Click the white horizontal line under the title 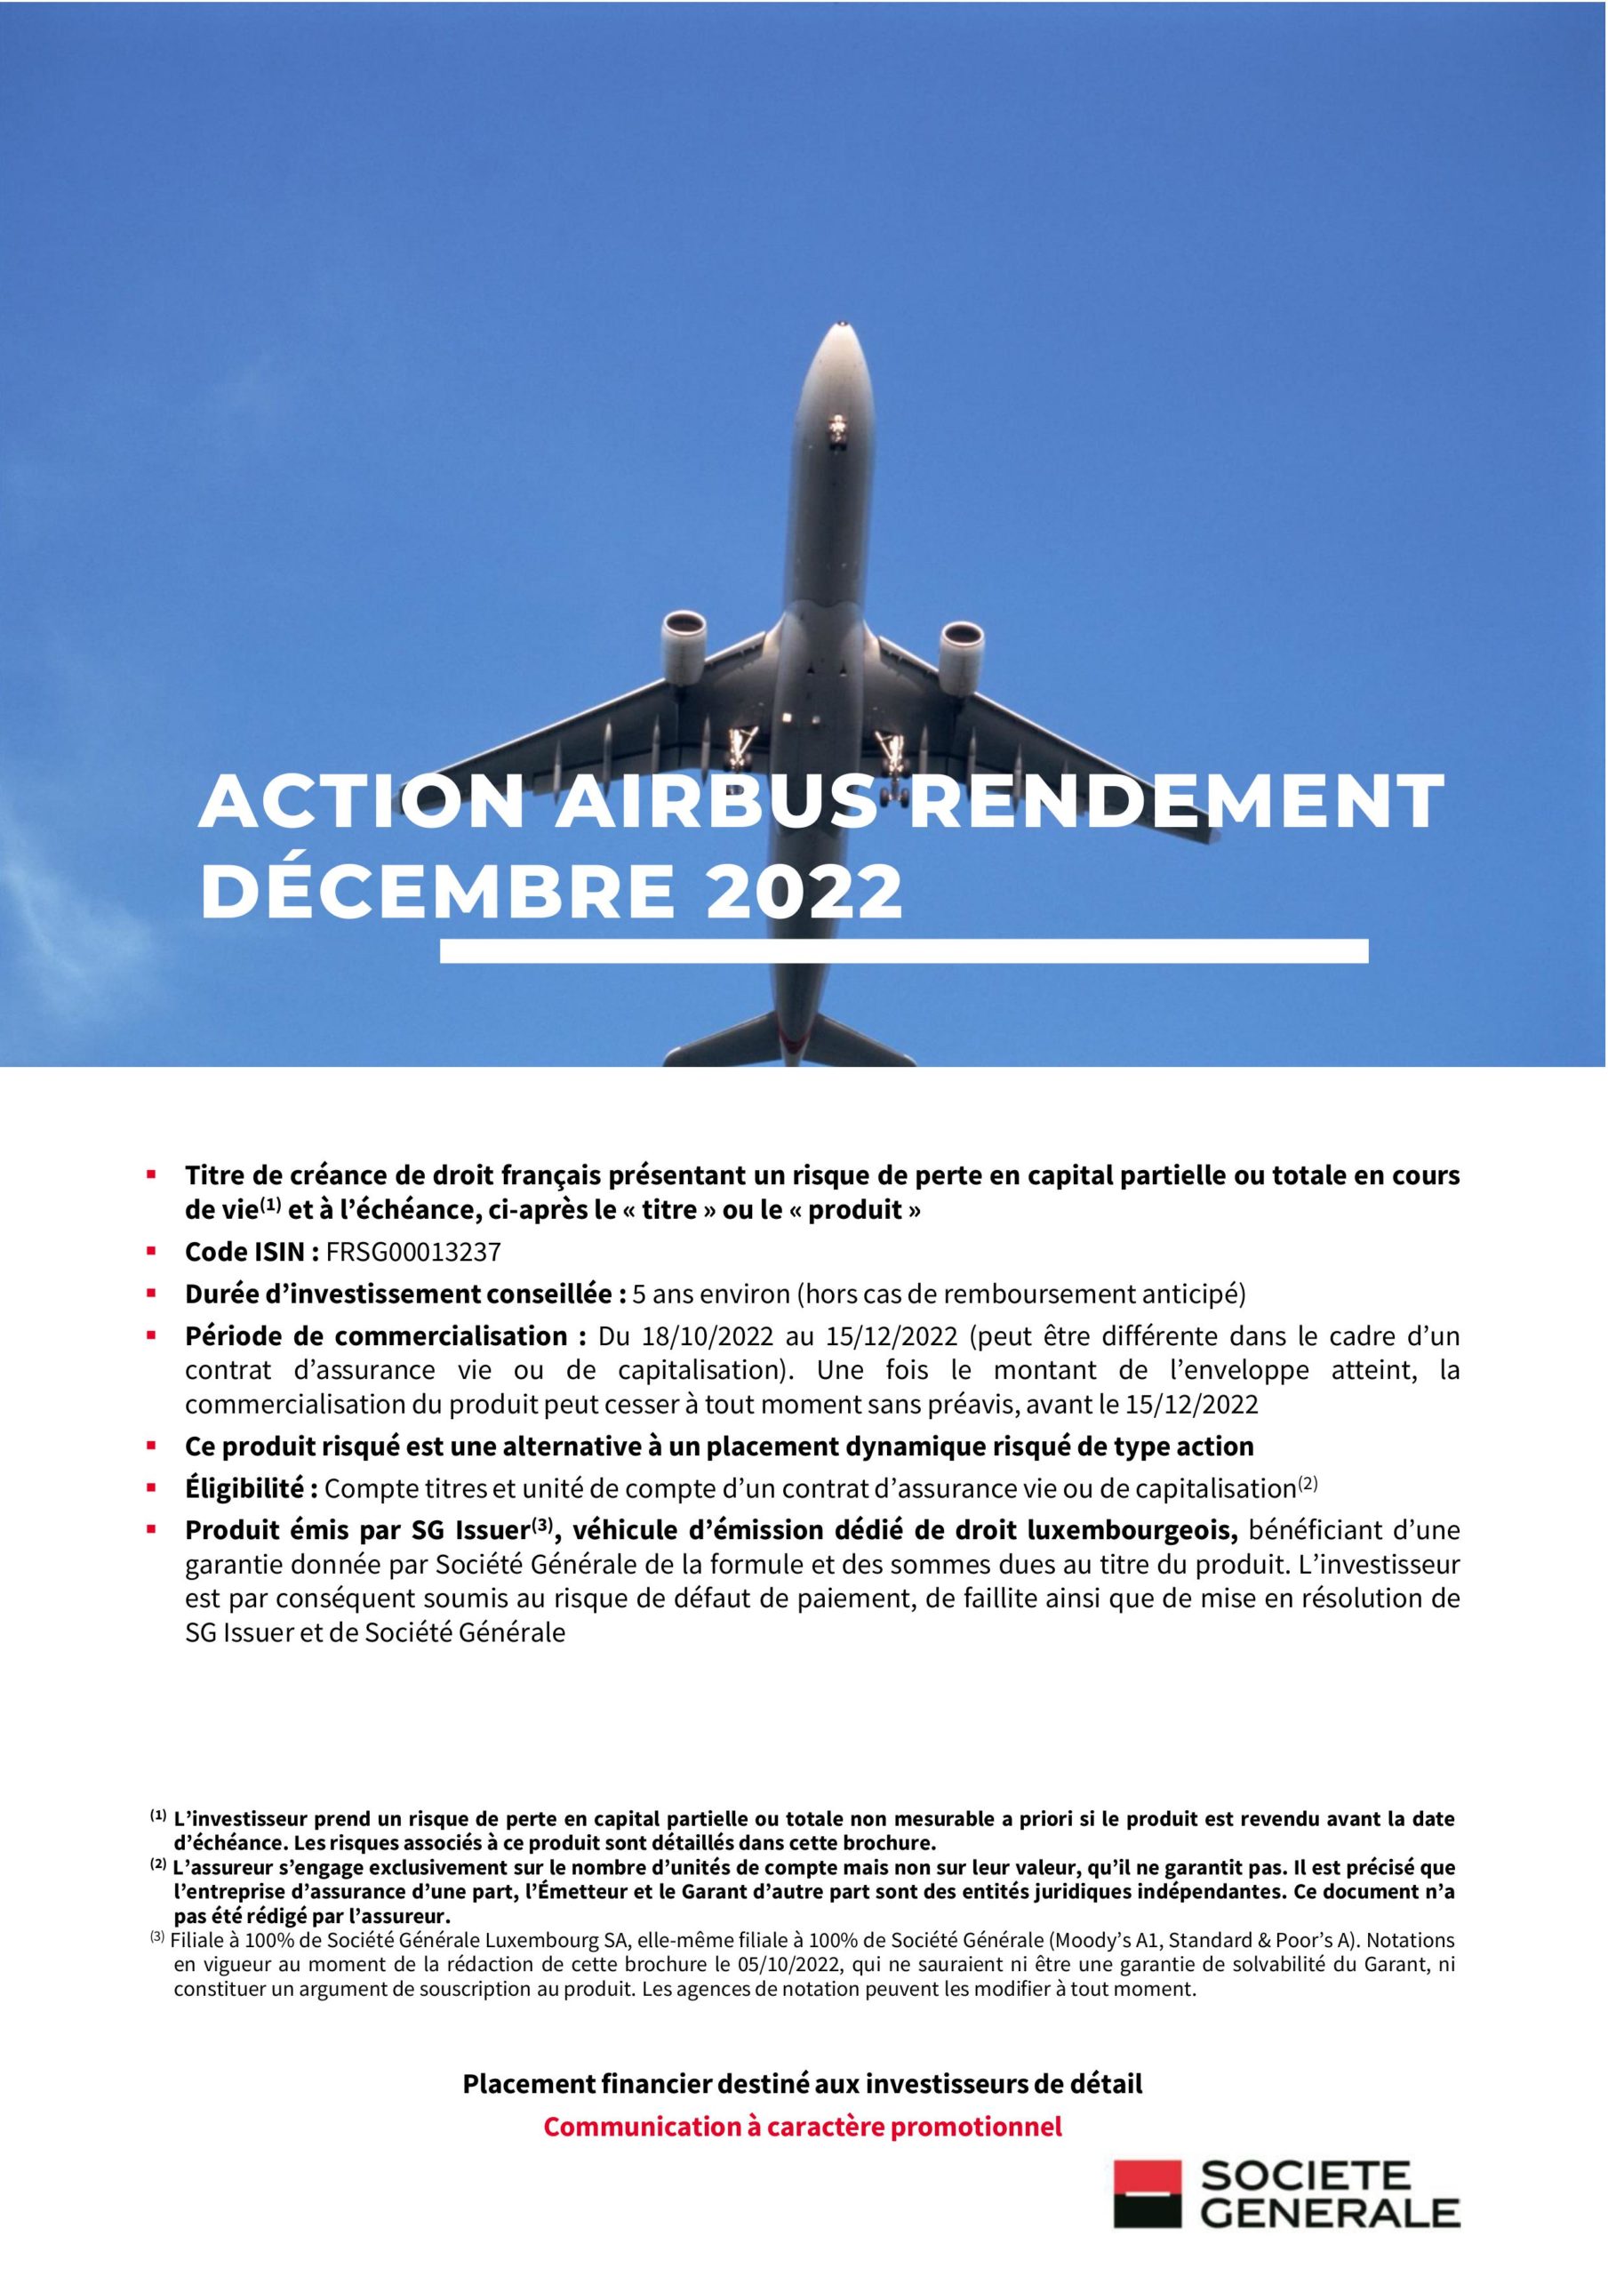[903, 951]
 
